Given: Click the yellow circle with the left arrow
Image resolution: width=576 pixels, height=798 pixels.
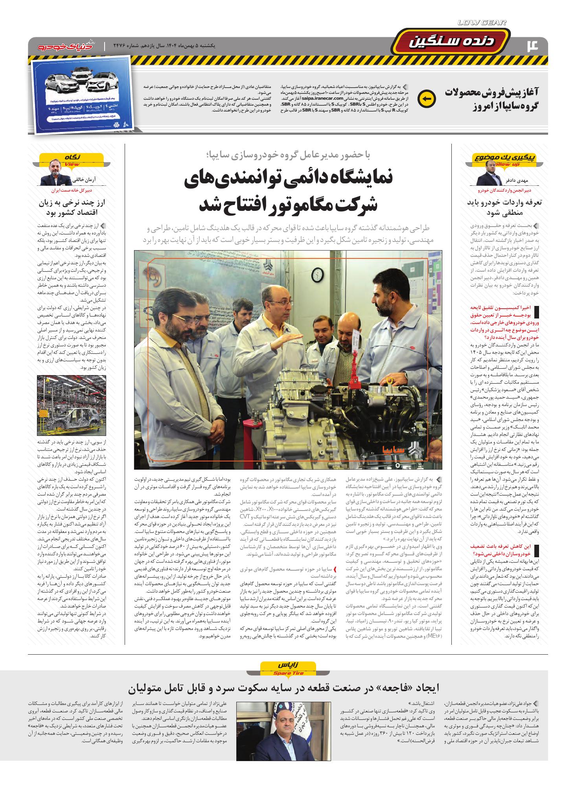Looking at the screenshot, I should [x=426, y=99].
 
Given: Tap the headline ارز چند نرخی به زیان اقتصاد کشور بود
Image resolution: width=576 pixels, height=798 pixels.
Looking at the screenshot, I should [x=75, y=207].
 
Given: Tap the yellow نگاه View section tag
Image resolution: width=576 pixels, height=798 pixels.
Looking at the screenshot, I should [x=72, y=158].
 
